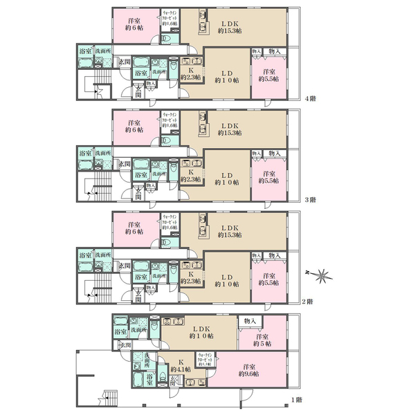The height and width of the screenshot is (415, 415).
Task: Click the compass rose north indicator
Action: coord(320,277)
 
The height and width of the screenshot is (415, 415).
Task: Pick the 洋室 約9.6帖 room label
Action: coord(247,369)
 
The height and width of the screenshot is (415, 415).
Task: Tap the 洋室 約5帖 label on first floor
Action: coord(261,339)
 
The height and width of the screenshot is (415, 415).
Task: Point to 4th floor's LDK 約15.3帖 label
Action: coord(229,26)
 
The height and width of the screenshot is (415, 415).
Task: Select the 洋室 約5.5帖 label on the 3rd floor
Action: coord(270,176)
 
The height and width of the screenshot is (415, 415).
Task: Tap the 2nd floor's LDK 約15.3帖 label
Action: coord(229,230)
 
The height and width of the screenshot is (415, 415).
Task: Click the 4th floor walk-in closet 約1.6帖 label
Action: coord(169,17)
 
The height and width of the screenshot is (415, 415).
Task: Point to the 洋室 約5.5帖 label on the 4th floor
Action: coord(270,75)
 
